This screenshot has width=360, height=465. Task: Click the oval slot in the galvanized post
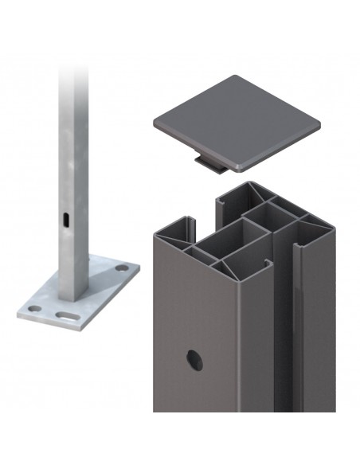(66, 217)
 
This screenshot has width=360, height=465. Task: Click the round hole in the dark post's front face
(194, 361)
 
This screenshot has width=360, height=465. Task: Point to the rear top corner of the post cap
(237, 77)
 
